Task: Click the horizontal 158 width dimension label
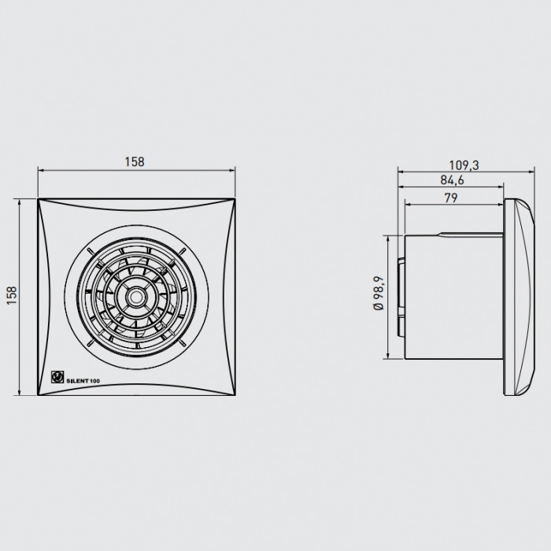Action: coord(135,161)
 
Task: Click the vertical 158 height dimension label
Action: coord(12,295)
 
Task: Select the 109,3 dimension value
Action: coord(464,165)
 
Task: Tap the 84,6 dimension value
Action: coord(452,180)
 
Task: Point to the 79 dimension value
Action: coord(451,198)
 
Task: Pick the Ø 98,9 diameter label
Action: coord(379,293)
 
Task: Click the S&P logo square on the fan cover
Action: coord(57,377)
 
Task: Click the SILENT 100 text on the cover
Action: coord(83,381)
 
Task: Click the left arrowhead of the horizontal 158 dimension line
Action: coord(40,171)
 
